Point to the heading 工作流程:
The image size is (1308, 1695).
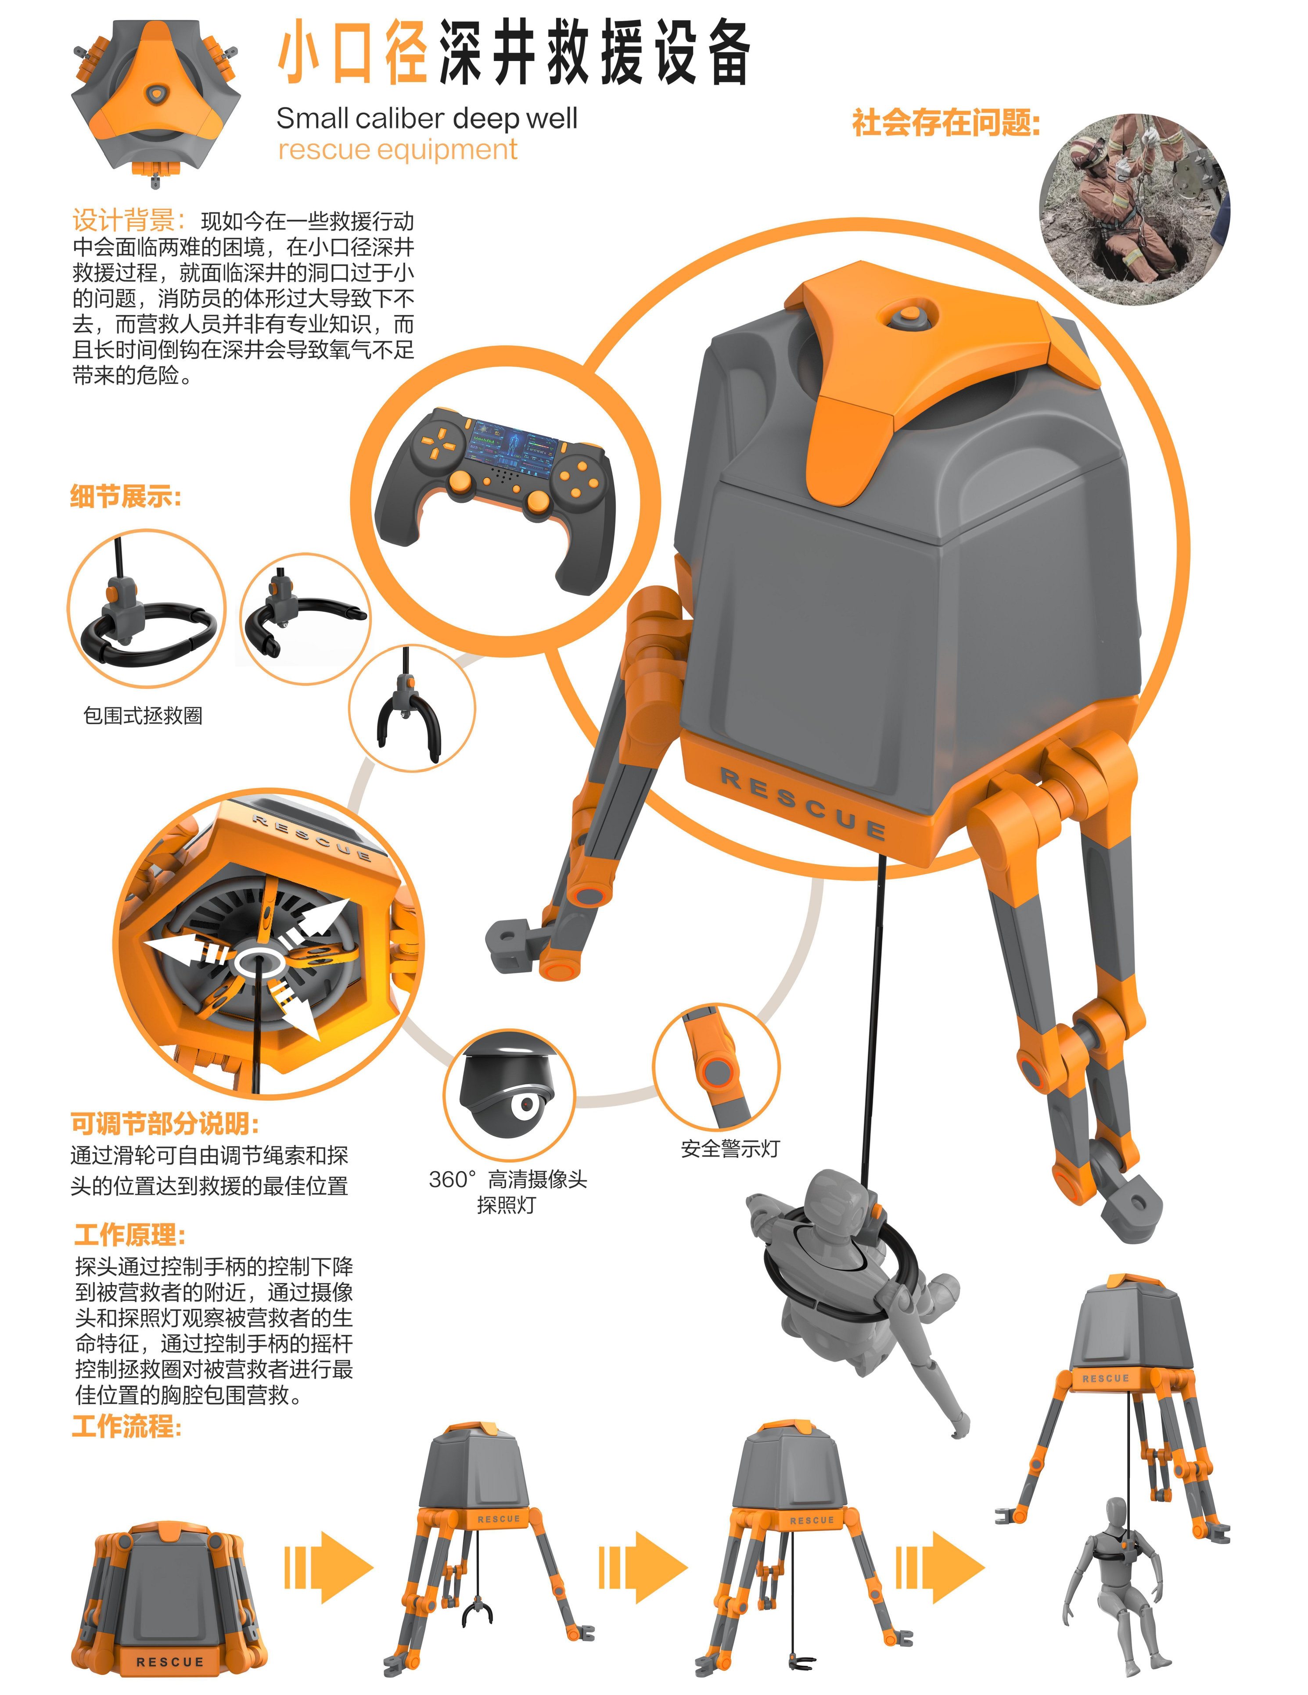pos(126,1426)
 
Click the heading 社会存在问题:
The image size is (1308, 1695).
pos(945,123)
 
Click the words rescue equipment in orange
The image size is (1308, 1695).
pos(397,150)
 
